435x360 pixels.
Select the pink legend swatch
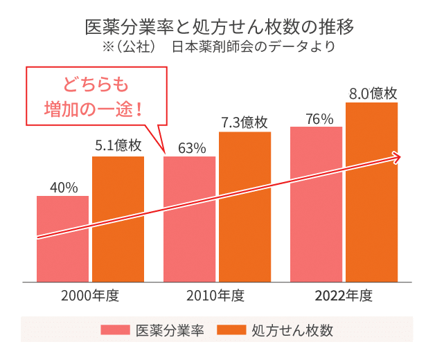point(114,330)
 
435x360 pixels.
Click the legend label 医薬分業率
point(169,330)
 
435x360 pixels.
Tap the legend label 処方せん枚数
point(290,330)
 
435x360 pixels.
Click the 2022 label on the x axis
point(330,298)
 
